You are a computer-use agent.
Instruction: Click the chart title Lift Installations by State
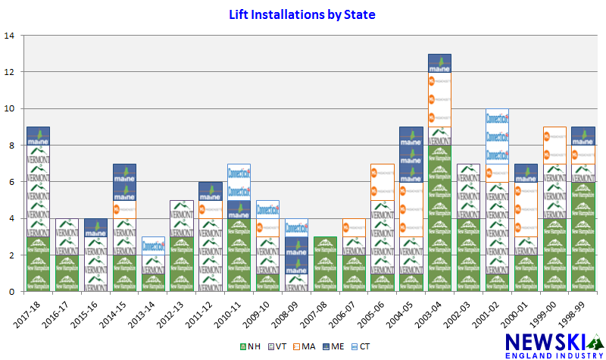pyautogui.click(x=302, y=14)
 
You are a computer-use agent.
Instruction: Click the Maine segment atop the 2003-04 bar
pyautogui.click(x=440, y=63)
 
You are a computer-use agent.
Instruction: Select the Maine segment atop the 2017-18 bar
pyautogui.click(x=38, y=136)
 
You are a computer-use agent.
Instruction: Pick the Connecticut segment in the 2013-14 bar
pyautogui.click(x=153, y=246)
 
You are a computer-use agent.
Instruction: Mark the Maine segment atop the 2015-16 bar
pyautogui.click(x=95, y=227)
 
